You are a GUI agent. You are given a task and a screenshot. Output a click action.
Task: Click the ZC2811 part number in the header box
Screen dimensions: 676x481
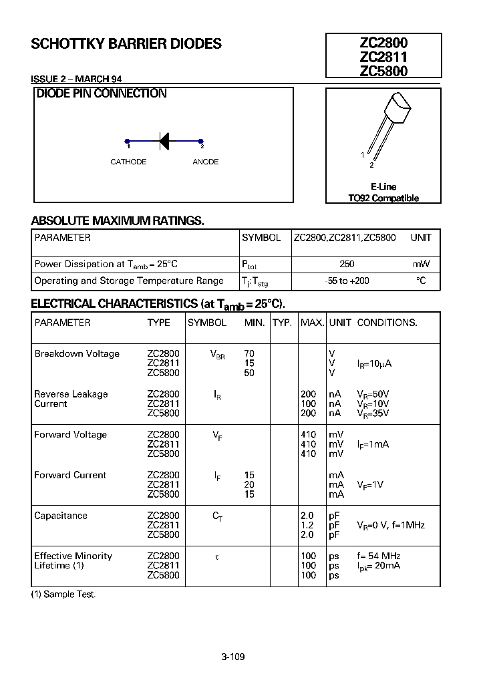[x=383, y=57]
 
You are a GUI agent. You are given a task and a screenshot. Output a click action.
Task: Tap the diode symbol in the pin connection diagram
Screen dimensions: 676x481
[x=164, y=140]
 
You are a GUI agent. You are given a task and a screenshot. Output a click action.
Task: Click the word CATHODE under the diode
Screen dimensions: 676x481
[x=128, y=162]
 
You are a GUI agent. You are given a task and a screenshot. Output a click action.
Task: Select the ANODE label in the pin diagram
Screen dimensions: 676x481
[x=205, y=162]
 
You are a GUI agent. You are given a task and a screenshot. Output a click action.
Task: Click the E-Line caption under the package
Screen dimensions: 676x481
[x=383, y=187]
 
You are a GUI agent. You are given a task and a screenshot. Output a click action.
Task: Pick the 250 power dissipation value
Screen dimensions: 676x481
[x=347, y=264]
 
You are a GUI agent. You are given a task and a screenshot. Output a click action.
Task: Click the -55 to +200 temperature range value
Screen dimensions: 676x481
[x=346, y=281]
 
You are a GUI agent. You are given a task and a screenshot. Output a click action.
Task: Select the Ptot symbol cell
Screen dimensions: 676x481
[x=249, y=265]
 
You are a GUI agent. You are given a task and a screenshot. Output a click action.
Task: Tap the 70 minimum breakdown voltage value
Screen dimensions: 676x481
[x=249, y=353]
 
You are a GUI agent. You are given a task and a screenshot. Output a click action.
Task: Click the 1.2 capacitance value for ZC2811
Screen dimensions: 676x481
[x=307, y=525]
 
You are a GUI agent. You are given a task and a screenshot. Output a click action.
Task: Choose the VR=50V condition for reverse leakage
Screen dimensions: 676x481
[x=373, y=394]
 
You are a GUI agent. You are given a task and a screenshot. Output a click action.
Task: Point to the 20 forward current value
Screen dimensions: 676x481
[x=249, y=484]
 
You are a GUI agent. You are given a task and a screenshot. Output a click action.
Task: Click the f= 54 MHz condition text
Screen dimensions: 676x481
[x=379, y=556]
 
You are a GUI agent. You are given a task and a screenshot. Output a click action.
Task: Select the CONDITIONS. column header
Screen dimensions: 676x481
[x=387, y=323]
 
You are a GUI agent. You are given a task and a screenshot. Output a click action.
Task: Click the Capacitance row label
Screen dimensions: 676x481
[x=61, y=516]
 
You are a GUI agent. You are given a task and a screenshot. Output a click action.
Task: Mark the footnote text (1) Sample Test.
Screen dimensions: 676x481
[x=63, y=595]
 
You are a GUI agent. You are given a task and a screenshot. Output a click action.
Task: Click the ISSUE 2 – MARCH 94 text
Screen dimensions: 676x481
[x=76, y=79]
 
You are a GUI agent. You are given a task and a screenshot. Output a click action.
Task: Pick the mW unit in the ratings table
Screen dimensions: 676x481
[x=422, y=264]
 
